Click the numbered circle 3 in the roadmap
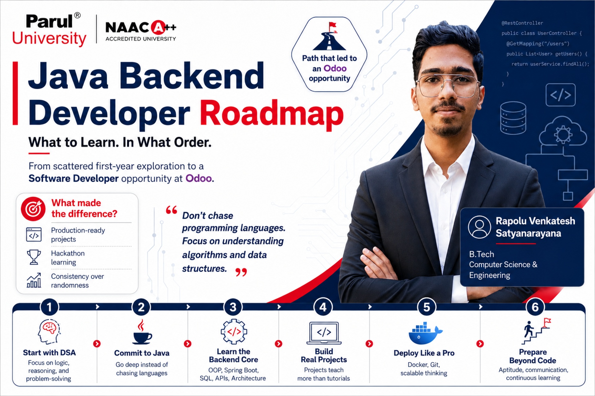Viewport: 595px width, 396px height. point(233,307)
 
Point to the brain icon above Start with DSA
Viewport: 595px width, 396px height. point(49,331)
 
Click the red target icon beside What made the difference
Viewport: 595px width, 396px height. point(33,209)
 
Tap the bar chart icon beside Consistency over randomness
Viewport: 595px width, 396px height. point(34,280)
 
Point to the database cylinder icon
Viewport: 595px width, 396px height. point(513,118)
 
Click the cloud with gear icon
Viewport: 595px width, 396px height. point(563,131)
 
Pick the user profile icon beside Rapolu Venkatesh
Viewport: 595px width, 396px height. point(479,227)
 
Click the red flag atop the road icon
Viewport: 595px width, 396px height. point(333,25)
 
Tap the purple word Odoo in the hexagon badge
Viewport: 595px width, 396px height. point(335,68)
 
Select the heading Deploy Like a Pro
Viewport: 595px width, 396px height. point(424,353)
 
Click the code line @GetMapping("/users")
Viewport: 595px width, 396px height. point(538,44)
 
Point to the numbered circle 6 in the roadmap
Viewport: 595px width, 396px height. point(535,307)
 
